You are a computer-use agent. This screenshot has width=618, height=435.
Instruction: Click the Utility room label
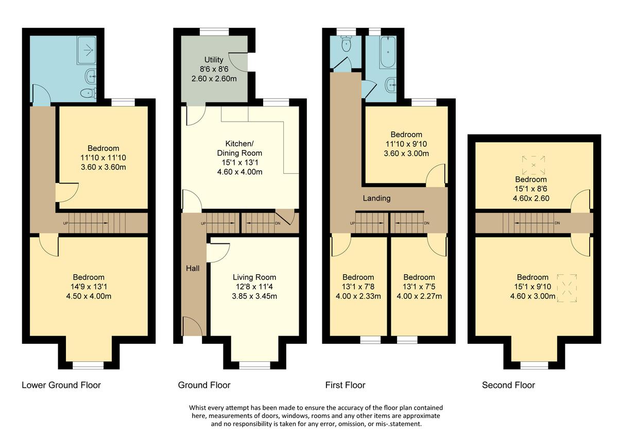[214, 60]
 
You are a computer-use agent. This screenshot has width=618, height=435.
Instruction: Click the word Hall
[193, 269]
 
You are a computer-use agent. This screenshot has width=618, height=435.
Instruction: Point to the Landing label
[376, 198]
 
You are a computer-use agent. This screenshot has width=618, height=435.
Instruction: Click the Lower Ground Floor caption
[61, 385]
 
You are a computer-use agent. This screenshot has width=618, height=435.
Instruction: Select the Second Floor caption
[508, 385]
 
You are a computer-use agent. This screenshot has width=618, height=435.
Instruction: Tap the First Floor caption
[345, 385]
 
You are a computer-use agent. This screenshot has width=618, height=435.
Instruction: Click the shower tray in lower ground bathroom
[86, 50]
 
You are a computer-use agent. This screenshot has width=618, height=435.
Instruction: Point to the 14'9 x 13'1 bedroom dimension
[88, 287]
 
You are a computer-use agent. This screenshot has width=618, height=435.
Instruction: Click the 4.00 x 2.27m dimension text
[419, 296]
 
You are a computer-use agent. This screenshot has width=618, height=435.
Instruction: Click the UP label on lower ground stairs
[65, 223]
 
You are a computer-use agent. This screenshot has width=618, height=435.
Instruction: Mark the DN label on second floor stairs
[557, 223]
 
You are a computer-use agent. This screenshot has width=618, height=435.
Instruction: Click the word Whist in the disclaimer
[199, 408]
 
